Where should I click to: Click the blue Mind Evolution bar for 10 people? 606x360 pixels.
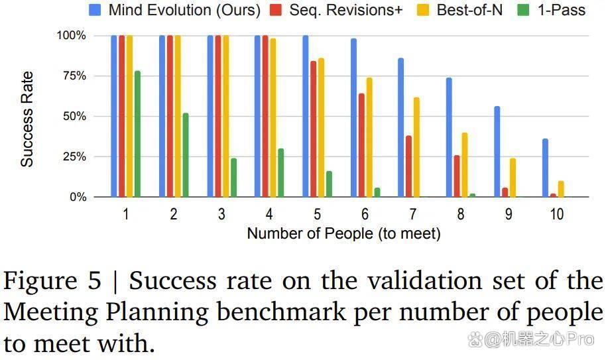pos(545,168)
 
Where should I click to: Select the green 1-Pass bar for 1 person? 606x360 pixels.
pos(138,134)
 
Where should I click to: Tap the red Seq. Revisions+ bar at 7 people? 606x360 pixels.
pos(409,166)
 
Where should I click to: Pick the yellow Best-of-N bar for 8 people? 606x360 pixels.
pos(465,165)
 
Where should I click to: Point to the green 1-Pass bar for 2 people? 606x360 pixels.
pos(186,155)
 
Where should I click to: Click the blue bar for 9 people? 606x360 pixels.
pos(497,152)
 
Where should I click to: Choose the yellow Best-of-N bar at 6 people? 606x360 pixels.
pos(369,137)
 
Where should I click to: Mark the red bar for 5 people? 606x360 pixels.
pos(314,129)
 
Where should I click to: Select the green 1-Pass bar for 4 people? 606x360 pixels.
pos(281,173)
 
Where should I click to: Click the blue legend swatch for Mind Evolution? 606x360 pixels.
pos(95,10)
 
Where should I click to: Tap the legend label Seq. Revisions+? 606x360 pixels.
pos(346,10)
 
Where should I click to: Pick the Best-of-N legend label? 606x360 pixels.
pos(469,10)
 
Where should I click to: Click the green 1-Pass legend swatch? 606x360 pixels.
pos(523,10)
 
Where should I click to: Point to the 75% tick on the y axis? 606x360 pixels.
pos(75,76)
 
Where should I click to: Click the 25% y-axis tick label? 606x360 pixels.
pos(75,157)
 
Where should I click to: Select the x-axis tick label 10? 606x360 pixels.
pos(557,214)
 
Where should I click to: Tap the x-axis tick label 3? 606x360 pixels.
pos(221,214)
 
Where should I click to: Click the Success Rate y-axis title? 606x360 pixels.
pos(27,119)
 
